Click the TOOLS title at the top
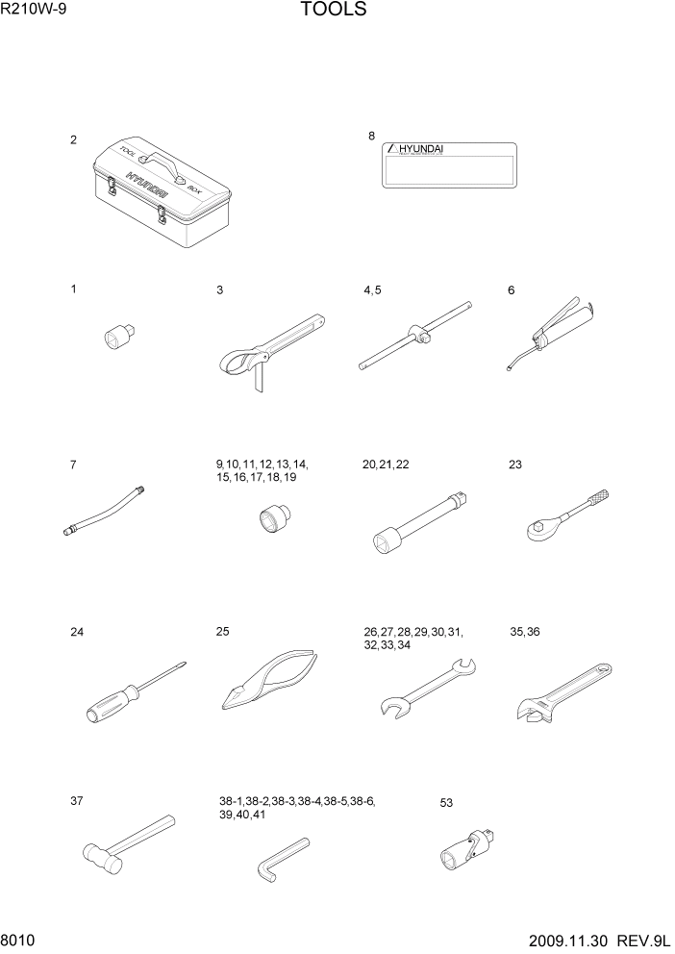[x=333, y=11]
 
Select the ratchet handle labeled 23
[x=568, y=513]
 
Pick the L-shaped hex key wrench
[x=282, y=856]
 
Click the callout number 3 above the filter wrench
[x=220, y=289]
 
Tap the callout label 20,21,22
[x=386, y=464]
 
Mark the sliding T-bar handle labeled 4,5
[x=418, y=336]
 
